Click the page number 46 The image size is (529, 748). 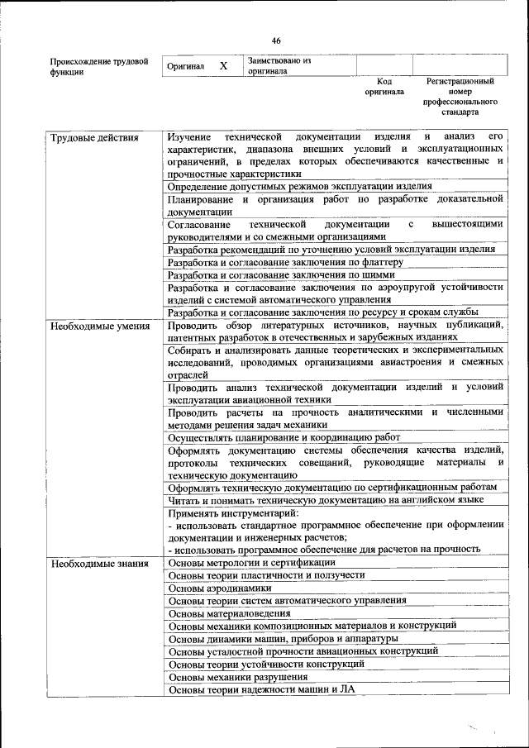(276, 40)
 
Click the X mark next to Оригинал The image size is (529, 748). (223, 65)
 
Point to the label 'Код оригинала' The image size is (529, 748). (384, 87)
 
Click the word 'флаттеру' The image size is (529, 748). (381, 262)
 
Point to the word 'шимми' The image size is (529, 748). (377, 274)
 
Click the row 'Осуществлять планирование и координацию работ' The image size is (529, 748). (284, 437)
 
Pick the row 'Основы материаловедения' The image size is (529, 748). (229, 613)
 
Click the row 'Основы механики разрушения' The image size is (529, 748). (238, 677)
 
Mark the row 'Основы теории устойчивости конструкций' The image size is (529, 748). (266, 664)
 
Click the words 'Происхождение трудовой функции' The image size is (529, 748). (99, 66)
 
